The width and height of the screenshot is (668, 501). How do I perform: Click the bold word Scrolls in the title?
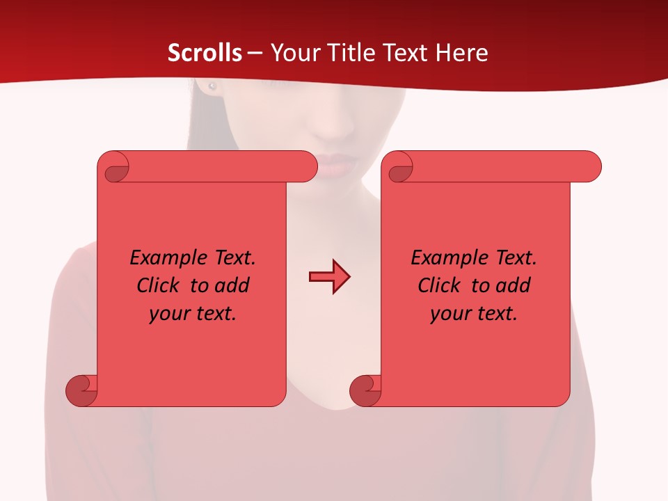tap(205, 53)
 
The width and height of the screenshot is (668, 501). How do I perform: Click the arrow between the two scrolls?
tap(329, 277)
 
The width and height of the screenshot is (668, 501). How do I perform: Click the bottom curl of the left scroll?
tap(81, 390)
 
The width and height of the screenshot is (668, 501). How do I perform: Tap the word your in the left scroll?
tap(169, 314)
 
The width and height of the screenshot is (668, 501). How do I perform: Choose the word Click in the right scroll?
tap(438, 286)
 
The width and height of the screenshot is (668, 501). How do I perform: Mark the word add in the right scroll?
tap(512, 286)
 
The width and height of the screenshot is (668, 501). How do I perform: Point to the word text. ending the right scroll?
tap(495, 314)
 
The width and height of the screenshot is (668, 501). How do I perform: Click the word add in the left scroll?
tap(231, 286)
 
